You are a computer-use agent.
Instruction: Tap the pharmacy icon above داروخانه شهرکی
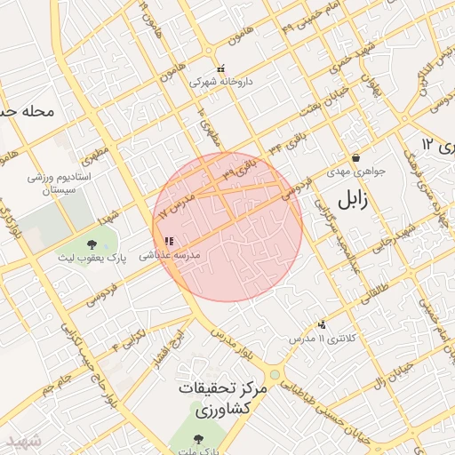pos(221,68)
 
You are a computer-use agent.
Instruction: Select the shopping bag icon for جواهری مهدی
pos(355,157)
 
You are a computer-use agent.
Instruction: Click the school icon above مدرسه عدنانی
pos(169,241)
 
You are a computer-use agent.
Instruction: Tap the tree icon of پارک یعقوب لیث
pos(92,245)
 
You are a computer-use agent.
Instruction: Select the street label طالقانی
pos(376,290)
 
